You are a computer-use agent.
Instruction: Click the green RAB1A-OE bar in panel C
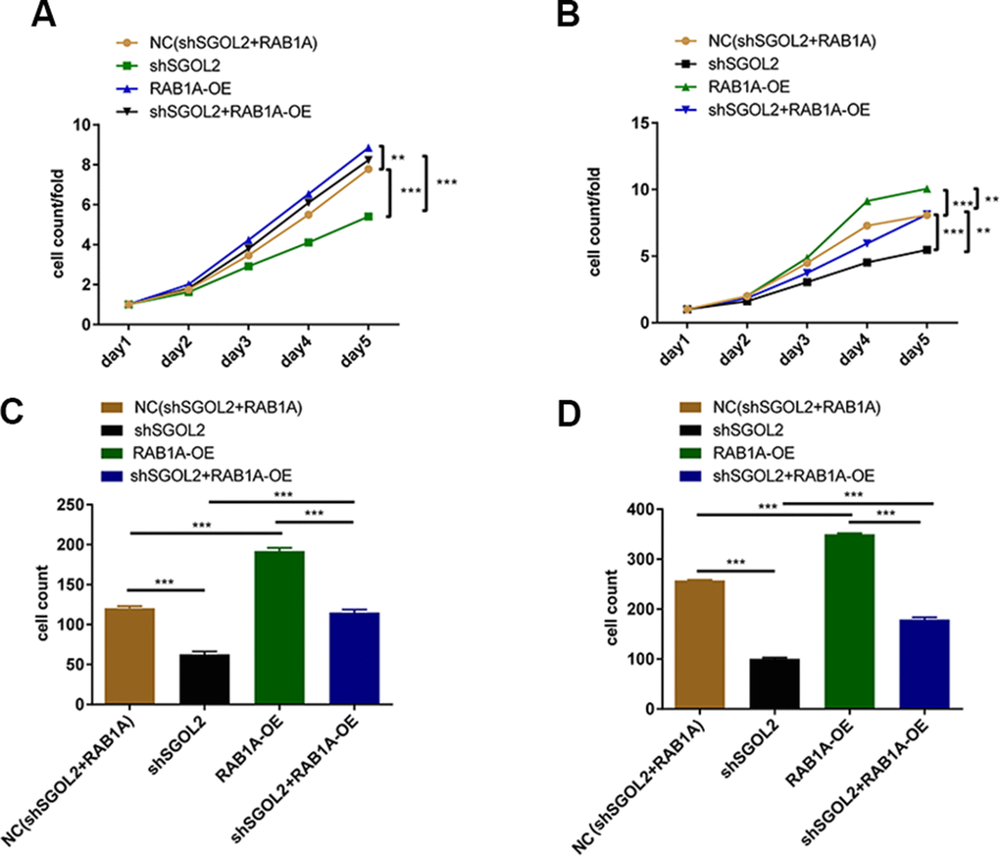(x=279, y=627)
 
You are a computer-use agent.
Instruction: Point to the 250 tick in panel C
(x=70, y=505)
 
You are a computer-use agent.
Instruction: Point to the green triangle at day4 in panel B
(x=867, y=201)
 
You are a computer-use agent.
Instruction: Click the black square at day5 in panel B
(x=926, y=250)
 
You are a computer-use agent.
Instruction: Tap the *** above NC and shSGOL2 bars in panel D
(x=736, y=561)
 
